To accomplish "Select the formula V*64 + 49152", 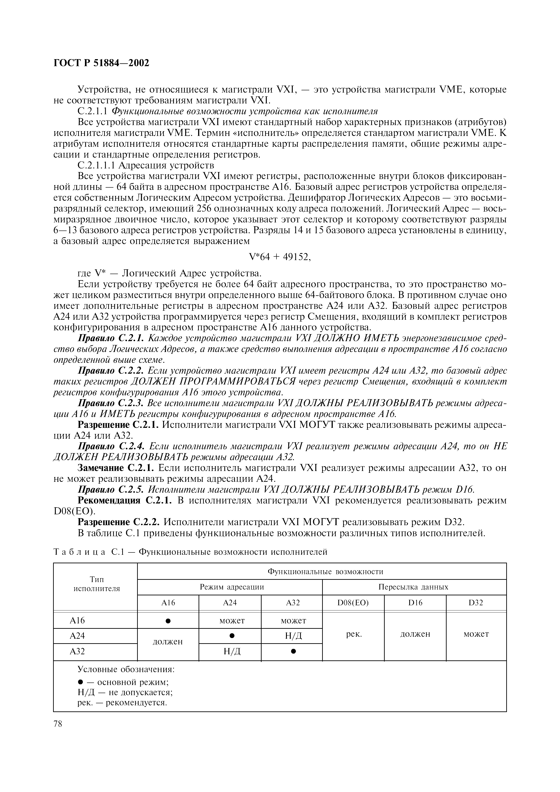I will (280, 257).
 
